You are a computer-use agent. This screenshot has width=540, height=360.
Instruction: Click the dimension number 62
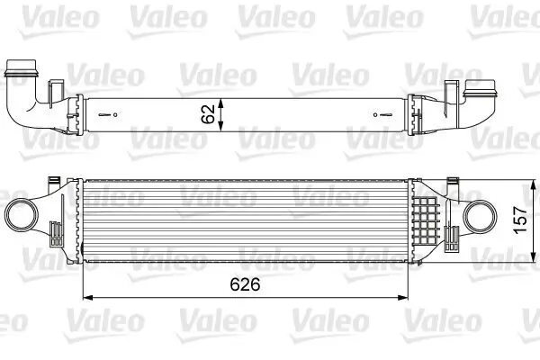coord(208,114)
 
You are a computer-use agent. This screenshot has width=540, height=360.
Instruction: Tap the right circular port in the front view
coord(480,218)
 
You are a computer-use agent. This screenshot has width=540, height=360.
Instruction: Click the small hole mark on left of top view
coord(112,114)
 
